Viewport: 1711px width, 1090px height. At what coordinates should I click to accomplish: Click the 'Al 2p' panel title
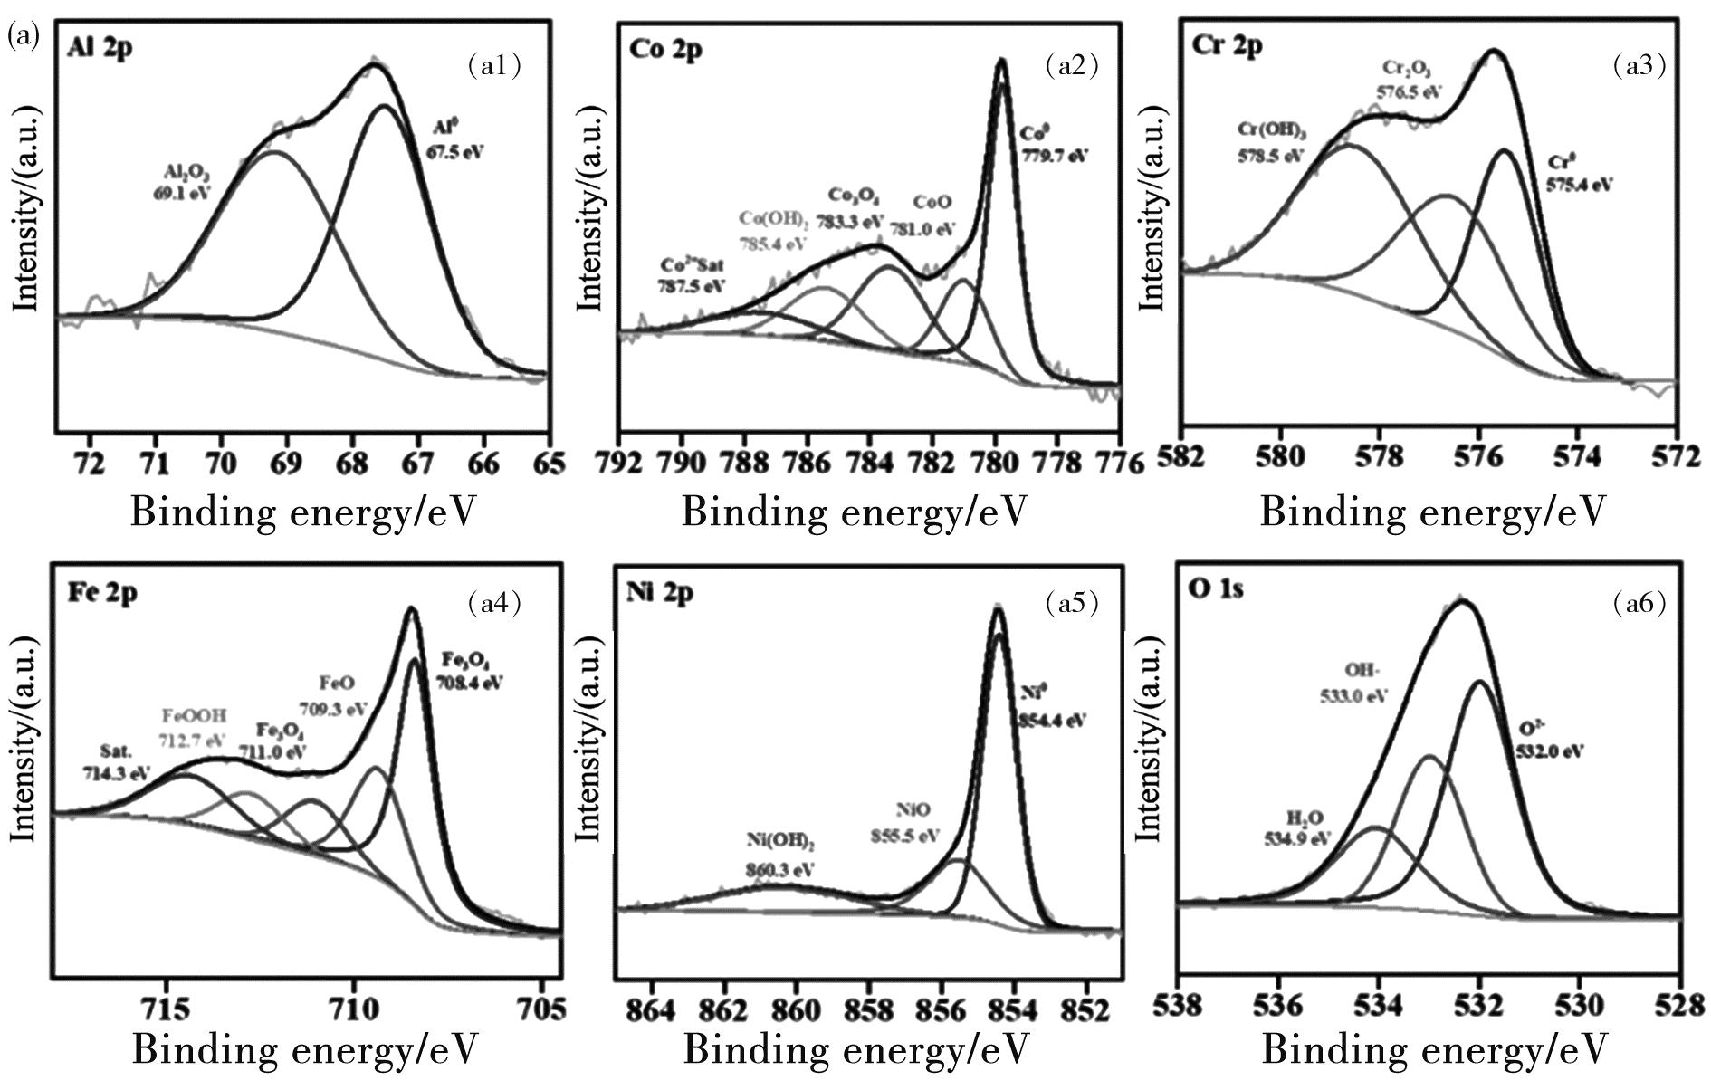click(x=100, y=48)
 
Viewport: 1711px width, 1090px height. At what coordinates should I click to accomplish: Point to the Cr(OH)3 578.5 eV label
click(x=1271, y=143)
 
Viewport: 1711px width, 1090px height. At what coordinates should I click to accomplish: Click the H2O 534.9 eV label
click(x=1297, y=827)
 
